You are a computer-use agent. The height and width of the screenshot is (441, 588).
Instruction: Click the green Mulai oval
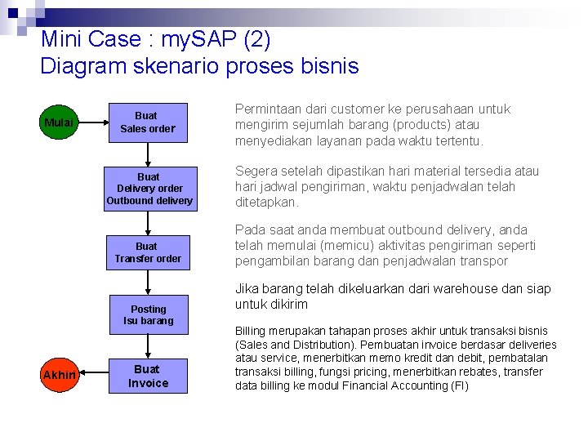[x=59, y=122]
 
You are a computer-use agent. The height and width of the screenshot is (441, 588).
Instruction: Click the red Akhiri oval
[x=59, y=375]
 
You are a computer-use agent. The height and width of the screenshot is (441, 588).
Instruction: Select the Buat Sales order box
[x=148, y=122]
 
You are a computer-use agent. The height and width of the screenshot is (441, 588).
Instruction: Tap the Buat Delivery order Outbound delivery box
[x=149, y=189]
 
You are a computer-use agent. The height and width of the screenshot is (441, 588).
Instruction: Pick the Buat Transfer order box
[x=148, y=252]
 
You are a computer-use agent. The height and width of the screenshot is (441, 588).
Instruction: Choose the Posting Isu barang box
[x=148, y=314]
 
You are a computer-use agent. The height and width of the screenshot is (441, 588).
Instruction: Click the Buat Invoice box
[x=148, y=376]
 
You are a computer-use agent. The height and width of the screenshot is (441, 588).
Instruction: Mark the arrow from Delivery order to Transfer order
[x=148, y=222]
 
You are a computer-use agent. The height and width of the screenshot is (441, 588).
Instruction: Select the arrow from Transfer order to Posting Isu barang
[x=148, y=283]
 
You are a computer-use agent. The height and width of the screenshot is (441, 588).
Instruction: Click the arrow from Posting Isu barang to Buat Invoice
[x=148, y=346]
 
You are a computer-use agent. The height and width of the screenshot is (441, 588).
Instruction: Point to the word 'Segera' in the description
[x=256, y=171]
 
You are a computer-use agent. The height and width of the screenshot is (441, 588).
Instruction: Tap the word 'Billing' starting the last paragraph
[x=252, y=332]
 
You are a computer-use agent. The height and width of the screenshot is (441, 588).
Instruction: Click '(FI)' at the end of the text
[x=458, y=385]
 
